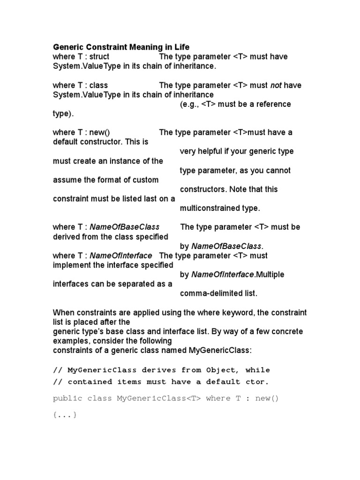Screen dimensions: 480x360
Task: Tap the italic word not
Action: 276,85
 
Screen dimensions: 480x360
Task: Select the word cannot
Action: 277,170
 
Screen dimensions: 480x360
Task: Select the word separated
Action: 141,284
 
